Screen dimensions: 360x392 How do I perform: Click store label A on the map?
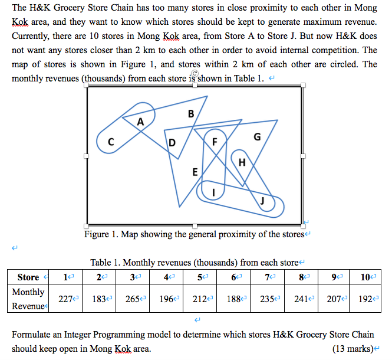(x=140, y=122)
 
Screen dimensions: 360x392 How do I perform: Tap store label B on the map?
(x=190, y=113)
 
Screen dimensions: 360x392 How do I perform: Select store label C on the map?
(x=111, y=142)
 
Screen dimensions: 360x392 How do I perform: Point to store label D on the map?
(x=172, y=142)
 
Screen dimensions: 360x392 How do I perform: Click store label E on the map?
(x=195, y=172)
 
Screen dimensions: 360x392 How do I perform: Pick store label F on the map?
(x=214, y=141)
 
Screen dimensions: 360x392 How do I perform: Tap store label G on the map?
(x=256, y=137)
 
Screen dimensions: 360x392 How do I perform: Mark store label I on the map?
(x=213, y=192)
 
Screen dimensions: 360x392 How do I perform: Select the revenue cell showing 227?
(x=66, y=299)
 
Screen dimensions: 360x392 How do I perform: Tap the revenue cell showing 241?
(x=302, y=299)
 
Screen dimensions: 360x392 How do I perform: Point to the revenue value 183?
(x=100, y=299)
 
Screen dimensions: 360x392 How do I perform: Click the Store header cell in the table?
(x=28, y=277)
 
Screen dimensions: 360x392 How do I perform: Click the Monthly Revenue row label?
(x=28, y=299)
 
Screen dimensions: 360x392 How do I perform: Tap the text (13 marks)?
(x=353, y=349)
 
